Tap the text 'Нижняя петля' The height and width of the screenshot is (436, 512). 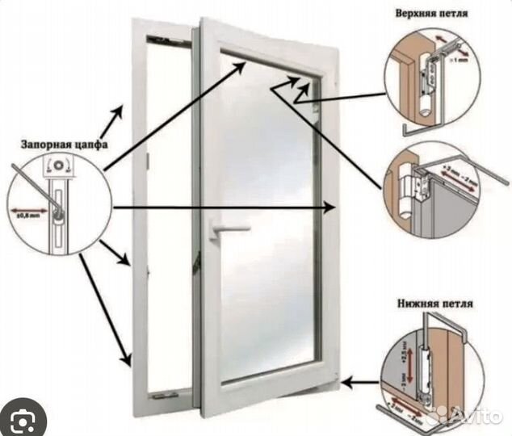coord(435,304)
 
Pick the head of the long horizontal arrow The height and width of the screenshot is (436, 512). coord(330,208)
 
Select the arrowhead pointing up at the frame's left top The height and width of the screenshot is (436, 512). coord(123,110)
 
